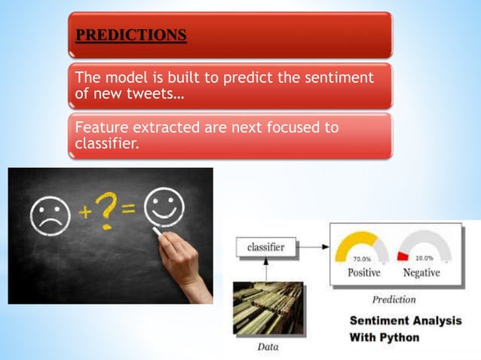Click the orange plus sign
87,213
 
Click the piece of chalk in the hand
159,233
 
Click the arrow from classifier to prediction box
313,246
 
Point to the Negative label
421,273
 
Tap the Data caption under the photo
268,348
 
